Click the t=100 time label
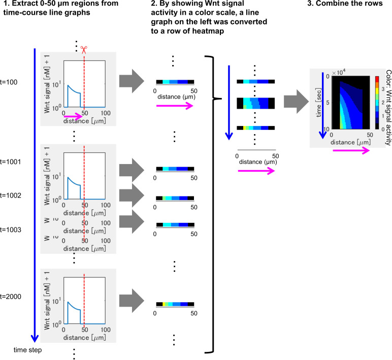click(x=10, y=82)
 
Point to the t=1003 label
click(x=11, y=230)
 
